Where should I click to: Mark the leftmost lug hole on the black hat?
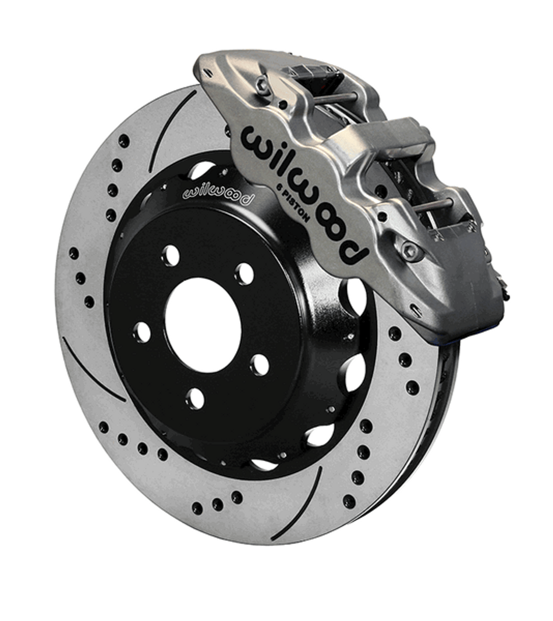tap(141, 333)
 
